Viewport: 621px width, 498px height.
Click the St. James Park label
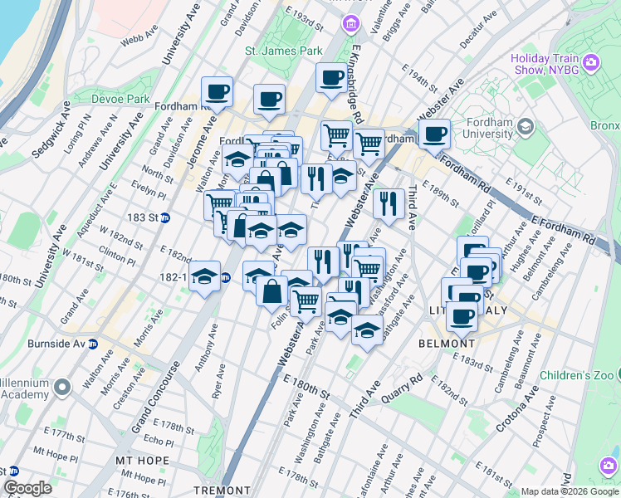coord(283,51)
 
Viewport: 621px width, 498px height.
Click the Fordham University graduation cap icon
coord(525,127)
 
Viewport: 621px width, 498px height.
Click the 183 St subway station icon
coord(165,217)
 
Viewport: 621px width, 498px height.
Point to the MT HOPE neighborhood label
coord(143,461)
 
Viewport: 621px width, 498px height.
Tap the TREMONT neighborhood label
coord(222,491)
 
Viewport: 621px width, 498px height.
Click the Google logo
coord(28,488)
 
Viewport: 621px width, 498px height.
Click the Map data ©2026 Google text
coord(570,491)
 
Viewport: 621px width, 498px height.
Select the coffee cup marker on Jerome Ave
coord(218,92)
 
